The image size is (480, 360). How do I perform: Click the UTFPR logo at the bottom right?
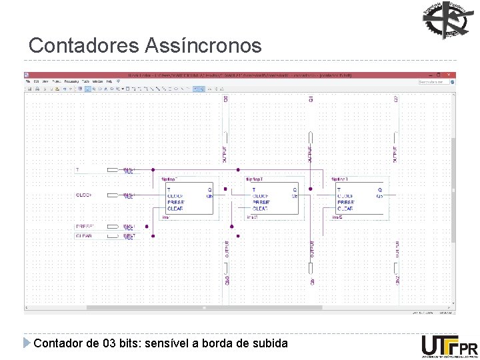coord(449,347)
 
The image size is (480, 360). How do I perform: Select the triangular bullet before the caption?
coord(27,343)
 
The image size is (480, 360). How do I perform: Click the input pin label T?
coord(77,170)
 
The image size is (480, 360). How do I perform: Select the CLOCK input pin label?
coord(84,195)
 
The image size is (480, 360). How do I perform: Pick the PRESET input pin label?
coord(85,227)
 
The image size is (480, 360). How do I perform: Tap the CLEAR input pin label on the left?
coord(84,235)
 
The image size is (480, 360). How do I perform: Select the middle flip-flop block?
coord(273,199)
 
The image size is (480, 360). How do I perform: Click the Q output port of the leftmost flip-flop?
coord(210,189)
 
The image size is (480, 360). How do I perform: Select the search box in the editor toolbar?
coord(434,81)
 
